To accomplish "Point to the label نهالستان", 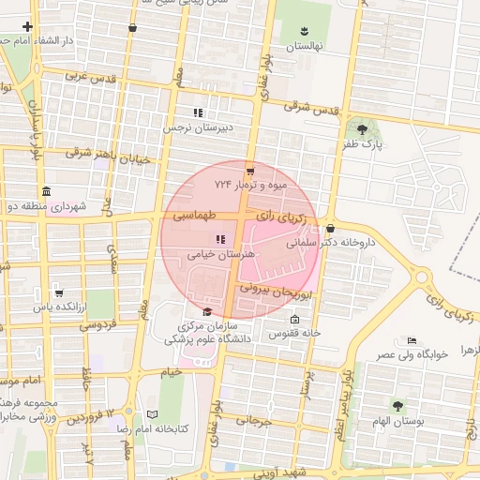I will (x=304, y=46).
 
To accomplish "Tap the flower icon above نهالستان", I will (x=304, y=32).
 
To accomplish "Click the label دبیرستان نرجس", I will (x=200, y=127).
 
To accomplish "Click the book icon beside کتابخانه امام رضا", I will (x=153, y=413).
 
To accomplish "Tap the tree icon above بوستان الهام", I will (x=398, y=406).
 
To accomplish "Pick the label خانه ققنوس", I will (x=295, y=333).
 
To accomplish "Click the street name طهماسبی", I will (x=193, y=216).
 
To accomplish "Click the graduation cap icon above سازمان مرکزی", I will (x=207, y=312).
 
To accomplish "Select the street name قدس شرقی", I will (x=309, y=107).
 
